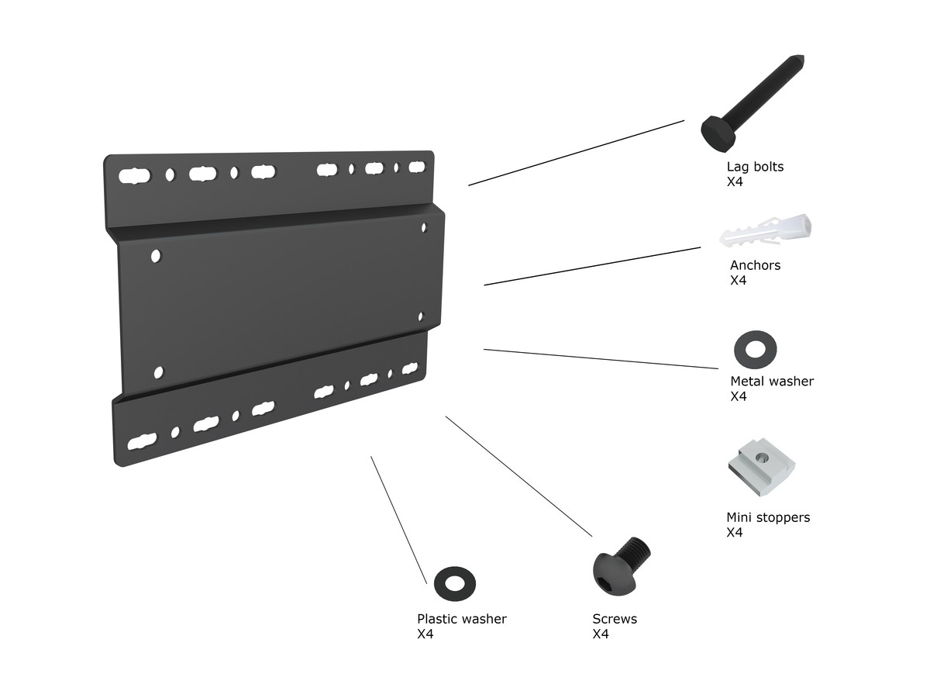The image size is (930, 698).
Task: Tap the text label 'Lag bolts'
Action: pyautogui.click(x=755, y=167)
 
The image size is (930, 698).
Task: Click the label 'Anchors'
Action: pyautogui.click(x=755, y=265)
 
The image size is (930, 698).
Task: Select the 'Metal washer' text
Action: pyautogui.click(x=772, y=382)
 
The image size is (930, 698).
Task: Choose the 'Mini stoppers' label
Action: pyautogui.click(x=768, y=517)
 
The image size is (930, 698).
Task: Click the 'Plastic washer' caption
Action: pyautogui.click(x=462, y=619)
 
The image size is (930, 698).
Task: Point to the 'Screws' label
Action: pyautogui.click(x=615, y=619)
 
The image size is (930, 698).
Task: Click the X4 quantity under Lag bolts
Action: pyautogui.click(x=735, y=182)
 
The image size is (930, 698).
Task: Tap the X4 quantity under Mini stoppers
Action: pyautogui.click(x=735, y=533)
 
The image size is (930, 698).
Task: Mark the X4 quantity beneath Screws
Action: pyautogui.click(x=601, y=634)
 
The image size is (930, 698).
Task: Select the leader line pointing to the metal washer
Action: pyautogui.click(x=601, y=358)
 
